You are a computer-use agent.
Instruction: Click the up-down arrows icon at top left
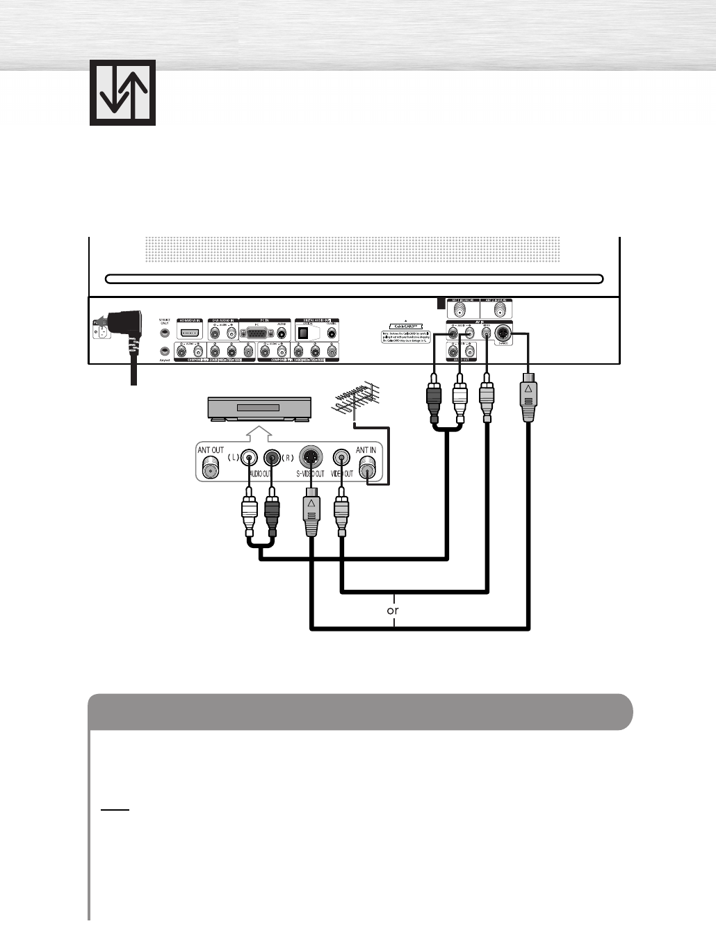click(x=122, y=92)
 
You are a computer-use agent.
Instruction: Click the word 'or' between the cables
click(x=393, y=611)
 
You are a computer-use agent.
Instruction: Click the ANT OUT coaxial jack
click(x=210, y=469)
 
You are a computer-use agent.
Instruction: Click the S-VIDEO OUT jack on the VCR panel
click(x=311, y=458)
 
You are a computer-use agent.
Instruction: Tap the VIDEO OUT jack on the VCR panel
click(x=341, y=458)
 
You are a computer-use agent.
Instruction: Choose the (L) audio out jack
click(x=250, y=458)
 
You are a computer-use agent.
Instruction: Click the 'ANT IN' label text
click(x=366, y=450)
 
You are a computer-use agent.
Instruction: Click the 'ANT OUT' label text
click(x=211, y=450)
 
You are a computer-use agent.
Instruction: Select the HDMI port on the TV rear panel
click(x=190, y=332)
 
